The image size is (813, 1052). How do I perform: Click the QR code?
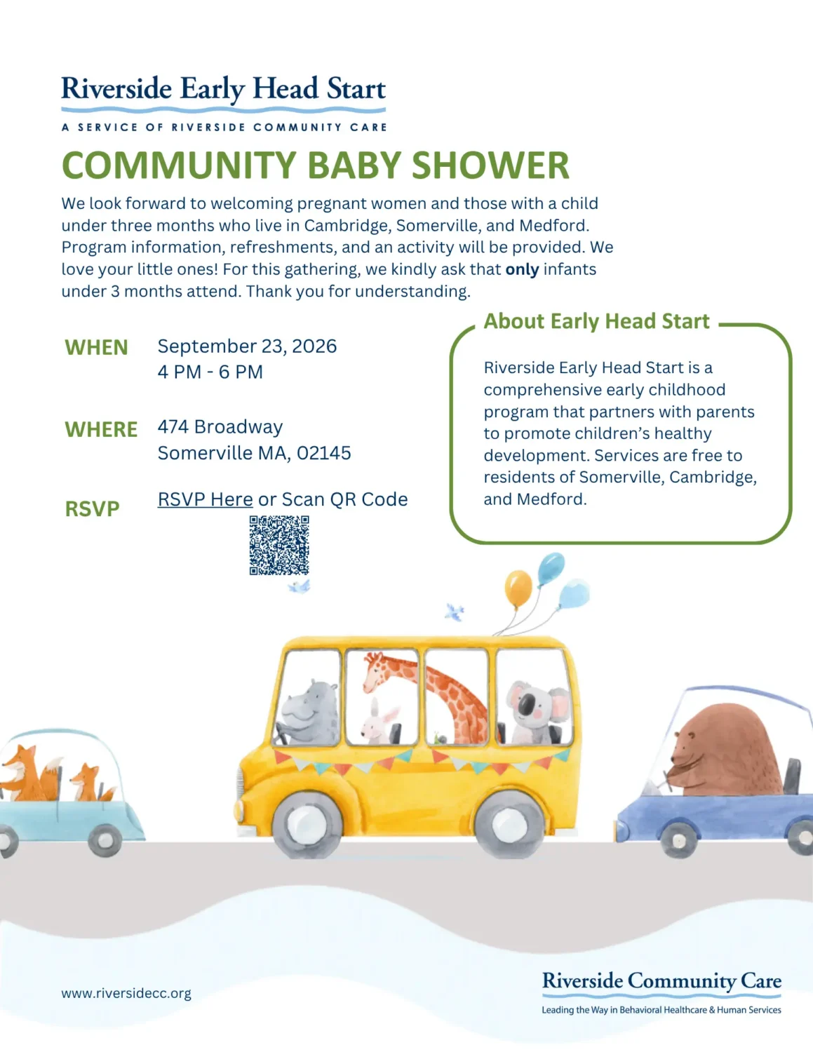point(279,545)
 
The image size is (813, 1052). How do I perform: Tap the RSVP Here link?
point(205,499)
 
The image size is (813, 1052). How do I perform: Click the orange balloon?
point(518,588)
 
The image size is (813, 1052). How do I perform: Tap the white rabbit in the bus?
point(379,722)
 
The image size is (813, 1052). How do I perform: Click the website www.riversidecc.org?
point(126,993)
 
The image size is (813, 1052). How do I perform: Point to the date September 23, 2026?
point(247,346)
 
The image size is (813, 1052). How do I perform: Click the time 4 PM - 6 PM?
point(210,372)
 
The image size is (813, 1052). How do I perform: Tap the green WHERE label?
point(101,429)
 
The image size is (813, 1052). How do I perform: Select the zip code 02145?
point(323,453)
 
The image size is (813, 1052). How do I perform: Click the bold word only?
point(522,269)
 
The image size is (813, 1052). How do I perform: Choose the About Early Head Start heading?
point(596,321)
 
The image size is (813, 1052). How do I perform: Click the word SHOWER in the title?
point(490,165)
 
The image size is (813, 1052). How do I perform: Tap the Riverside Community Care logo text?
point(661,981)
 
